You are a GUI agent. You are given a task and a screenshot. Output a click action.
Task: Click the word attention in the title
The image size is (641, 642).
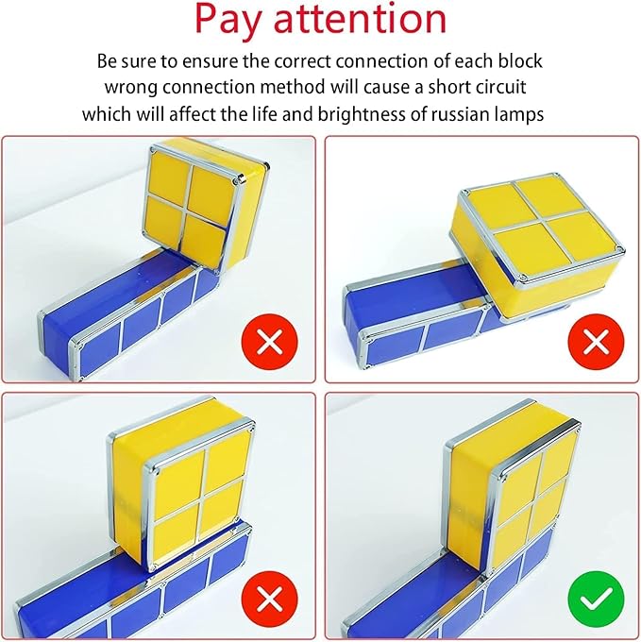[x=368, y=21]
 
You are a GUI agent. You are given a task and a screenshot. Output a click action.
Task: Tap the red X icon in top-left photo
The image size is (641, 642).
[x=270, y=341]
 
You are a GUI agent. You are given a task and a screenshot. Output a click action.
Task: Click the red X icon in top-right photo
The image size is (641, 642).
[x=596, y=341]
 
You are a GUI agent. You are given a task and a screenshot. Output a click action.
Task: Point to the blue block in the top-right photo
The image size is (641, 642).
[x=415, y=312]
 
